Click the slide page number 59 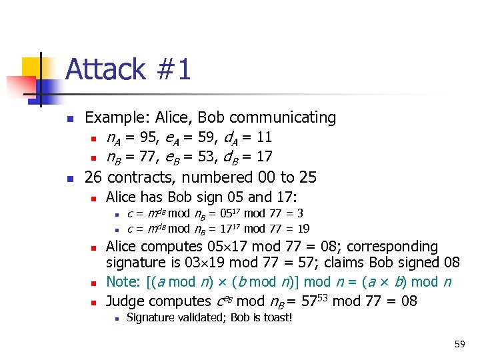click(459, 344)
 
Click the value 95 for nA click(149, 138)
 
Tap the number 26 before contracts click(93, 177)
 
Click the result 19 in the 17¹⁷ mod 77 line click(303, 229)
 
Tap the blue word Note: click(122, 283)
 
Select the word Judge click(125, 301)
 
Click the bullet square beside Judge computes click(94, 302)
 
